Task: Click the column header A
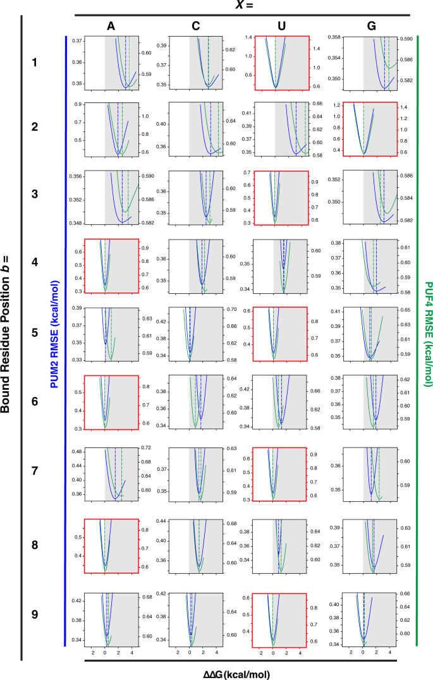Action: tap(111, 26)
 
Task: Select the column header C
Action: tap(196, 26)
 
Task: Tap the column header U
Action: tap(280, 26)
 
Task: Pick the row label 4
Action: tap(34, 260)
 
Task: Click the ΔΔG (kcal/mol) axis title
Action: tap(242, 674)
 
